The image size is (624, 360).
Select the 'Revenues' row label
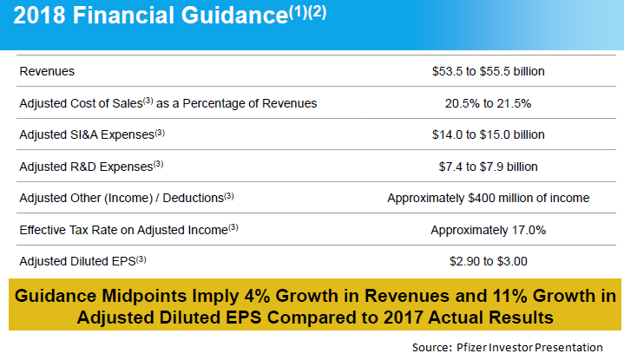47,71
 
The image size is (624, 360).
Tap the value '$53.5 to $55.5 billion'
488,71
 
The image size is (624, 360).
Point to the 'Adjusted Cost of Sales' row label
167,103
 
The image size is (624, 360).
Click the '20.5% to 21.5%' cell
488,103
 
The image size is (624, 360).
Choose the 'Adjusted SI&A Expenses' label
91,134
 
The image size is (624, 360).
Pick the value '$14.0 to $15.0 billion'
488,134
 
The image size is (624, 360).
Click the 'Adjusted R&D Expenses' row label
91,166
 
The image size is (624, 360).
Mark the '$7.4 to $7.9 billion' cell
488,166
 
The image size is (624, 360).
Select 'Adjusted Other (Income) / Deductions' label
127,198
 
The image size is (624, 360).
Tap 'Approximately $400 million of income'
488,198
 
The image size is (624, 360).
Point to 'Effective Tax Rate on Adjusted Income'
128,229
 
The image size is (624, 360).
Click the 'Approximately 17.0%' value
488,229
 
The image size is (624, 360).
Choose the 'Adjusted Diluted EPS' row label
83,260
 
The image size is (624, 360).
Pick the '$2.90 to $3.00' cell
488,260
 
